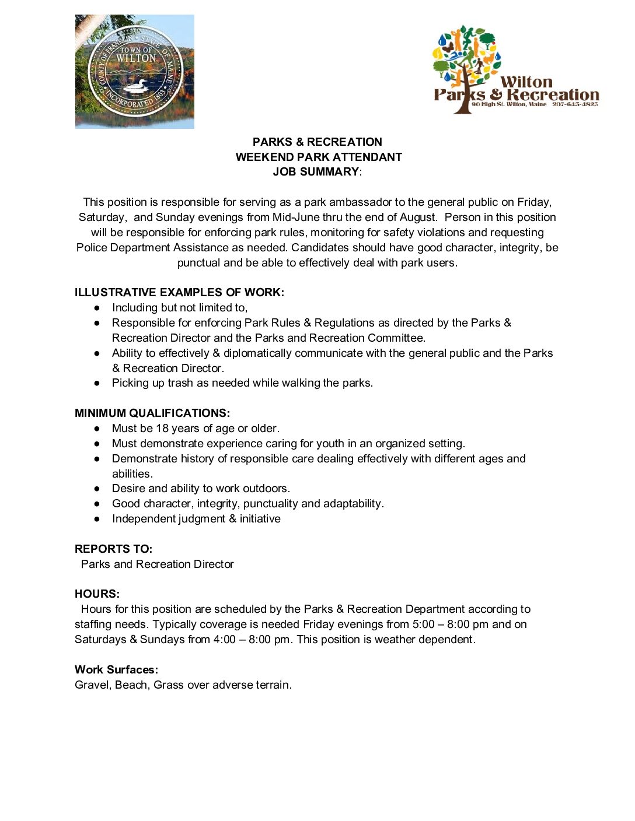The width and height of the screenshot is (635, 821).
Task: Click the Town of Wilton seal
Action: [x=135, y=72]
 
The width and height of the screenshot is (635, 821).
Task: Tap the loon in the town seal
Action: [x=135, y=87]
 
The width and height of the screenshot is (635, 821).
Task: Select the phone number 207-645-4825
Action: [x=575, y=104]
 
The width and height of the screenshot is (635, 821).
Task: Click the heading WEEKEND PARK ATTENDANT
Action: [x=319, y=157]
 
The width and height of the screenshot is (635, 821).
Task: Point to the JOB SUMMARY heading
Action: [x=316, y=171]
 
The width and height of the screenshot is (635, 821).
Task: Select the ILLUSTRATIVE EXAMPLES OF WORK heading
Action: [x=179, y=293]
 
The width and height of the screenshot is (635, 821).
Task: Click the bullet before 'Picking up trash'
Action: [x=97, y=383]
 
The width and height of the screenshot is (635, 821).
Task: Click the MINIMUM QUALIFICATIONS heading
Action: [x=152, y=413]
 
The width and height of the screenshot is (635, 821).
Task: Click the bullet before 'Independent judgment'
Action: [x=97, y=519]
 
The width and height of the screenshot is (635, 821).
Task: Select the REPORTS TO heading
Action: [x=113, y=549]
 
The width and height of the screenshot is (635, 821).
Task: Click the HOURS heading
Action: [x=97, y=594]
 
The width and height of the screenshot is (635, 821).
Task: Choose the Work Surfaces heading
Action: [x=116, y=670]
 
